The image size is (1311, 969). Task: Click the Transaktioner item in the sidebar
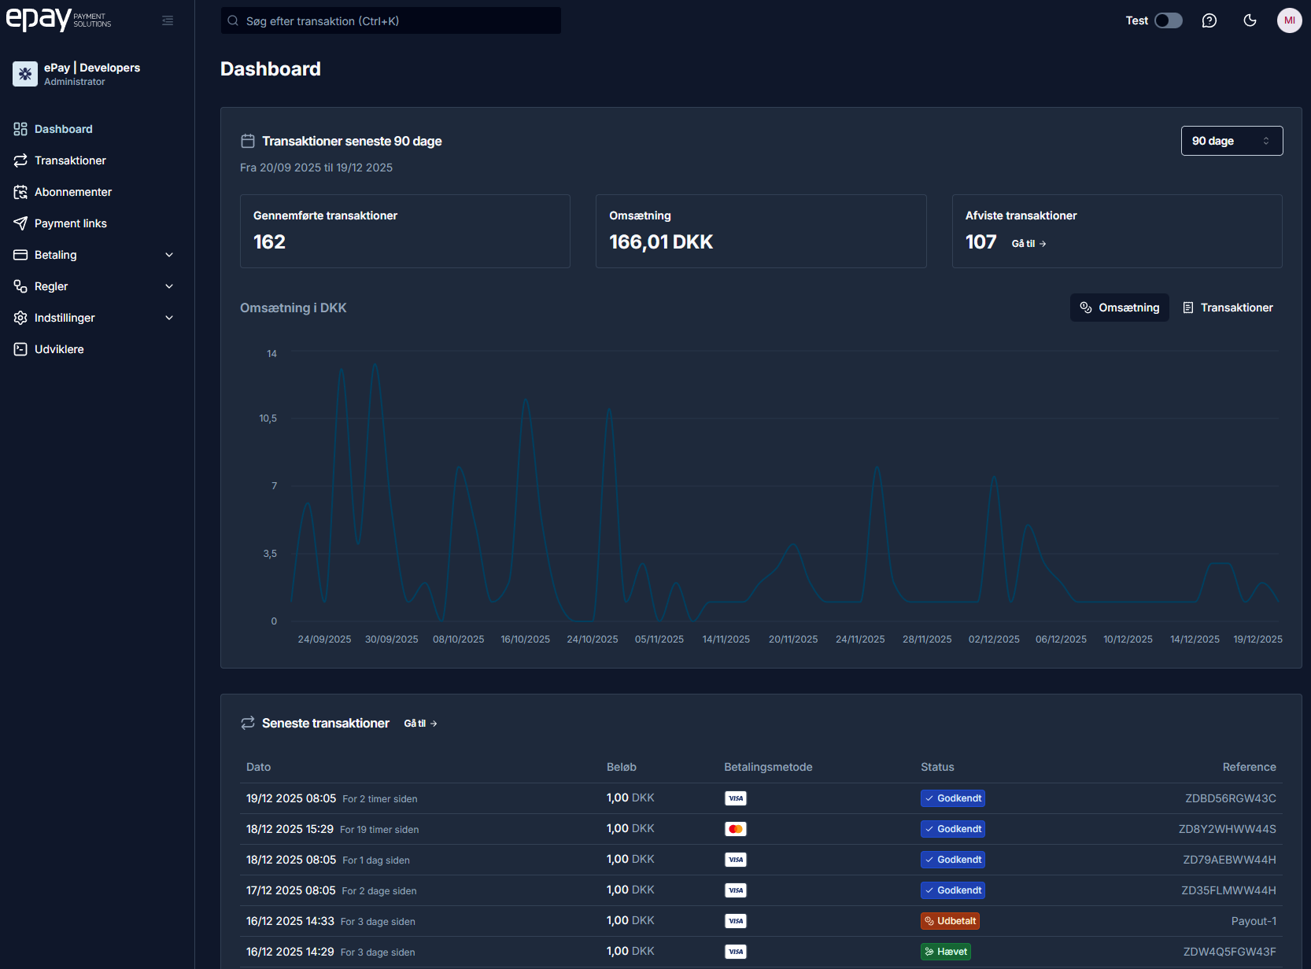click(x=70, y=160)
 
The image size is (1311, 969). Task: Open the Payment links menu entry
click(x=70, y=223)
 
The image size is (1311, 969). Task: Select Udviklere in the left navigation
click(x=59, y=349)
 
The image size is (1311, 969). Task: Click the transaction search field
click(x=391, y=21)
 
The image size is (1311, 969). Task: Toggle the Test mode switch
click(x=1168, y=20)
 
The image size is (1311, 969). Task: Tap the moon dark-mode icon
click(x=1250, y=20)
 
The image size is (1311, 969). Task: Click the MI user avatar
click(x=1289, y=20)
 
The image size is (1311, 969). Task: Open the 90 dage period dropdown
click(x=1232, y=141)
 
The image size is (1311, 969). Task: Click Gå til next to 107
click(x=1028, y=244)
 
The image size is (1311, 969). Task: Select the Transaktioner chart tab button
click(x=1228, y=308)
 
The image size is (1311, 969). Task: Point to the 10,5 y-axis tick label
click(x=268, y=418)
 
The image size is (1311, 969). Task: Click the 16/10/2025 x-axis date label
click(x=526, y=639)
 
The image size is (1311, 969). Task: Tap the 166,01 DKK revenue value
click(x=661, y=242)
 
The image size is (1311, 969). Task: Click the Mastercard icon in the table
click(x=736, y=829)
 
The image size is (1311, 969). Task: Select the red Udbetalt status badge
click(x=950, y=921)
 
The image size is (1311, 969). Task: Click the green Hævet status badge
click(x=945, y=952)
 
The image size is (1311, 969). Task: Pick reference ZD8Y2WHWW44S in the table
click(x=1227, y=829)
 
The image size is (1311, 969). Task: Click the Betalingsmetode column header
click(x=768, y=767)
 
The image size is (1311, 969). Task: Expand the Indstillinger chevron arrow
click(x=169, y=318)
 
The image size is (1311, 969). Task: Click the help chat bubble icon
click(x=1209, y=20)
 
